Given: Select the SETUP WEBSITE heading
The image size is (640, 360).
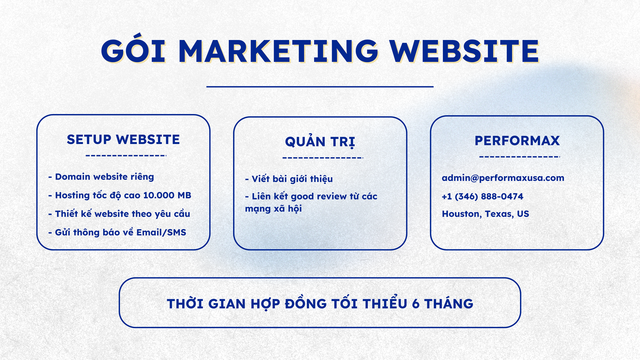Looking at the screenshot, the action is tap(123, 140).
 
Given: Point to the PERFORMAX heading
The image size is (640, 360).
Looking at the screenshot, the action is tap(517, 140).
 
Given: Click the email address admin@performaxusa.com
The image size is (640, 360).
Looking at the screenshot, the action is tap(503, 178).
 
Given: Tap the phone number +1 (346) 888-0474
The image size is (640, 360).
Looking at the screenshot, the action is tap(482, 196).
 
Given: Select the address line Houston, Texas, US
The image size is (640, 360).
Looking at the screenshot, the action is tap(486, 214).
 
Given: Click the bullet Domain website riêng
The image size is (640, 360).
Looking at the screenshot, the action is tap(101, 177).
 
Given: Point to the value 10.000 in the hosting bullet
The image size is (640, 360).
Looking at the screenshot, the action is tap(159, 196).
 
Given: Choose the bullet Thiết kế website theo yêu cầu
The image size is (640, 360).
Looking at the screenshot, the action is tap(119, 214).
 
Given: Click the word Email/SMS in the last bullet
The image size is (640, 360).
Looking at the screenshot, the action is tap(161, 232).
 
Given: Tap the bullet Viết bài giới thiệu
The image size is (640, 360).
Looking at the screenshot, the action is tap(289, 179).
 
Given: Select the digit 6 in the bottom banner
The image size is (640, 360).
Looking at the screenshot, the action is tap(416, 304).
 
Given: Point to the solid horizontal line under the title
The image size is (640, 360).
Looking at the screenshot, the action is tap(320, 86).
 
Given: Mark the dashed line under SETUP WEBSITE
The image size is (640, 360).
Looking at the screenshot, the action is tap(126, 156).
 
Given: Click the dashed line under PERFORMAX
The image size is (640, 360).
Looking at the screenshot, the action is tap(520, 157).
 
